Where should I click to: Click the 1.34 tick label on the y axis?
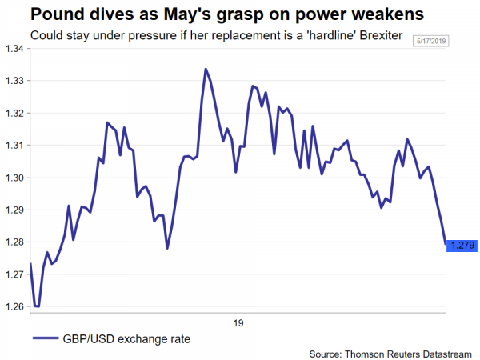pos(14,49)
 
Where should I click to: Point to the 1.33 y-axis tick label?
pos(14,81)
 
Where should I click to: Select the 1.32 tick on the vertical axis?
pos(14,113)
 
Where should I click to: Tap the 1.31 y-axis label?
pos(14,146)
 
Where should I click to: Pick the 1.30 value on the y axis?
pos(14,178)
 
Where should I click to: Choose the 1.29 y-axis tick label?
pos(14,210)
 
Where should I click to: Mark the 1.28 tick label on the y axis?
pos(14,242)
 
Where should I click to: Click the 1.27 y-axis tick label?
pos(14,274)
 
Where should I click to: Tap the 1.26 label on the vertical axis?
pos(14,306)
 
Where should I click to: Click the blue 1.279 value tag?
pos(462,245)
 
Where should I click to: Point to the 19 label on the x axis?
pos(238,324)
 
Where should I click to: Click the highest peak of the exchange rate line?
pos(206,69)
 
